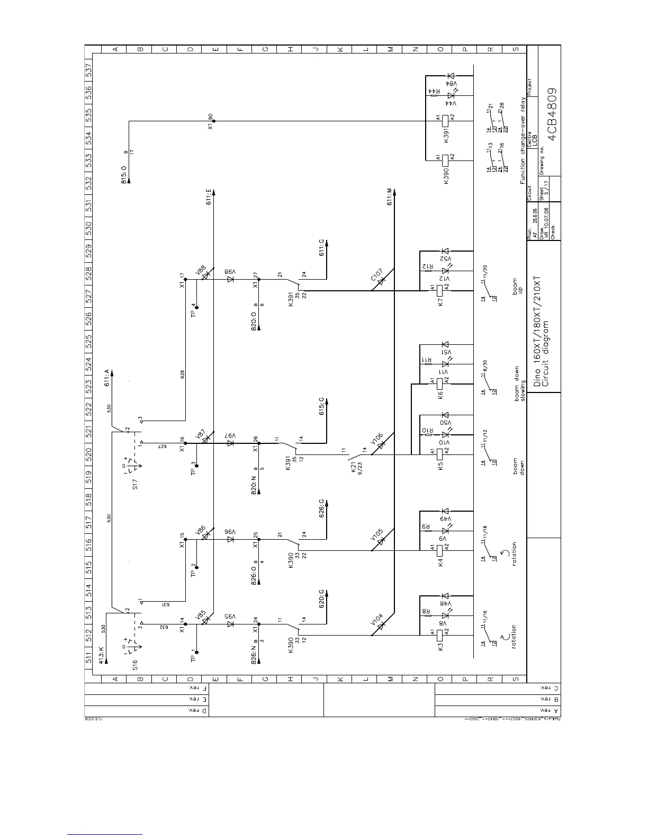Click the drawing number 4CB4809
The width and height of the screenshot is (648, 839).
point(552,113)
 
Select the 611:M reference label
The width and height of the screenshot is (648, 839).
point(390,197)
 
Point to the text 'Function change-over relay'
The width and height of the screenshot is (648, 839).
point(523,141)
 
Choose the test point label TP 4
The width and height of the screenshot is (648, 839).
point(194,310)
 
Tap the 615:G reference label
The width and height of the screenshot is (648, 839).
point(322,406)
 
